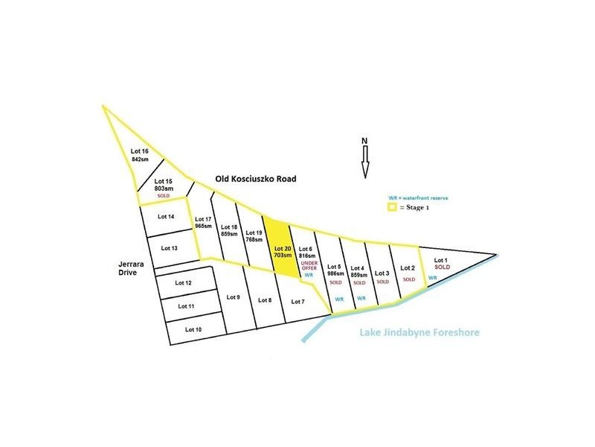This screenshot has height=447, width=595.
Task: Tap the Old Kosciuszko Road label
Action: click(x=255, y=179)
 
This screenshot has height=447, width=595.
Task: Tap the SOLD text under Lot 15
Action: click(x=164, y=195)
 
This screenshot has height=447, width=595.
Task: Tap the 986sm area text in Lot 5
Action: click(x=335, y=273)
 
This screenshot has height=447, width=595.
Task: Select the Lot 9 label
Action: click(x=232, y=297)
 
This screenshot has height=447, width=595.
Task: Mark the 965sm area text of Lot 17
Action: click(x=204, y=225)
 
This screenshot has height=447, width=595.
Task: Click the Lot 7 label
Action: click(x=297, y=301)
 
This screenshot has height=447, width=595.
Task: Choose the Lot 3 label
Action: click(x=383, y=273)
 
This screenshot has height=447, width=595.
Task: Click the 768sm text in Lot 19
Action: click(x=255, y=239)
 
